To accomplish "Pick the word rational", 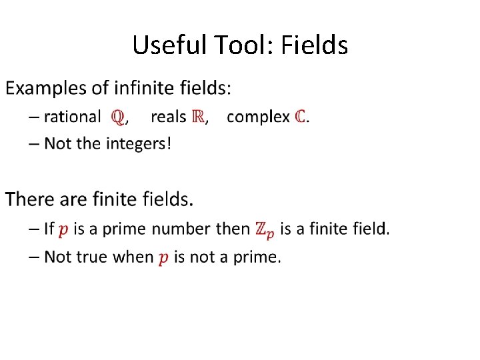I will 72,117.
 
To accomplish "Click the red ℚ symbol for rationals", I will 117,117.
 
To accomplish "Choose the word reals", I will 168,117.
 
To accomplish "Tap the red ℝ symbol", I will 198,117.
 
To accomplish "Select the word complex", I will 258,117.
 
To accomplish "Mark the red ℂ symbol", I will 301,117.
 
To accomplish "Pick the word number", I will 181,229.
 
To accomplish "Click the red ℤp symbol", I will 264,230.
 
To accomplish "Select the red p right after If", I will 63,230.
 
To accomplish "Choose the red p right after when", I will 163,259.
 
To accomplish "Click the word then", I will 233,229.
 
